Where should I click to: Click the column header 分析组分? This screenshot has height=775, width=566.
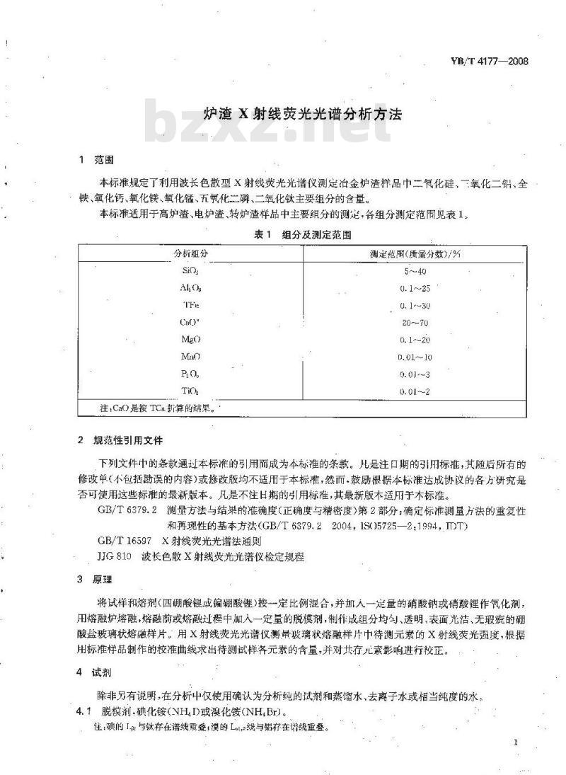pyautogui.click(x=190, y=253)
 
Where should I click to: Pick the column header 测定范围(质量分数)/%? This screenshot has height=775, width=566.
pyautogui.click(x=415, y=253)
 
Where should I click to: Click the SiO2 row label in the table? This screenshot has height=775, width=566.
pyautogui.click(x=190, y=271)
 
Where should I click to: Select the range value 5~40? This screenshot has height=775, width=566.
pyautogui.click(x=415, y=271)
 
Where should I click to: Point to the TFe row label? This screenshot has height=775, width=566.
pyautogui.click(x=190, y=305)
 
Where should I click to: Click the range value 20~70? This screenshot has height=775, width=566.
pyautogui.click(x=415, y=322)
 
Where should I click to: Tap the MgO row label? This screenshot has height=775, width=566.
pyautogui.click(x=190, y=339)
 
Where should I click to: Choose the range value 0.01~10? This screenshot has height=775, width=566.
pyautogui.click(x=415, y=356)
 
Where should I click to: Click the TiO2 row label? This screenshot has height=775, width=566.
pyautogui.click(x=190, y=391)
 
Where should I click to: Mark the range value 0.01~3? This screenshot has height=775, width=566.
pyautogui.click(x=415, y=373)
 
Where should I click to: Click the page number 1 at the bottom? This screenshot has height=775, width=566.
pyautogui.click(x=519, y=742)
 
